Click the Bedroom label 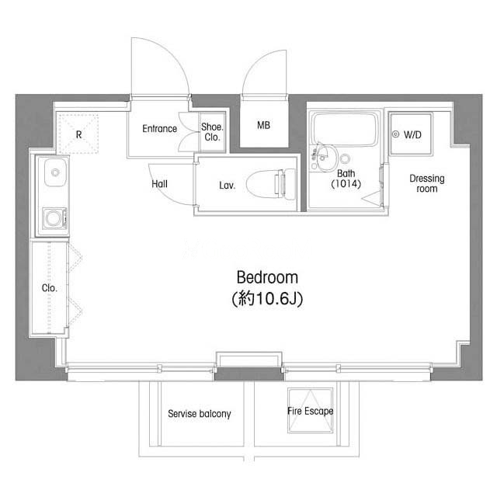pos(267,277)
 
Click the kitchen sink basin pos(55,172)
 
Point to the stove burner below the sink pos(54,218)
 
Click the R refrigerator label pos(78,134)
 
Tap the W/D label pos(412,135)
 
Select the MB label pos(264,125)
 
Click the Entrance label pos(159,128)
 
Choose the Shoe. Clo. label pos(212,132)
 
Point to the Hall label pos(159,184)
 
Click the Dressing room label pos(426,183)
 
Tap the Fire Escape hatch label pos(311,411)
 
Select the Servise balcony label pos(200,414)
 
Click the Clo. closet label pos(50,288)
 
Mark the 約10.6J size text pos(267,298)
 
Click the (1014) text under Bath pos(346,184)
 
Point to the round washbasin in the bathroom pos(325,158)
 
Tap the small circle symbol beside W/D pos(395,134)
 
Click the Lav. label pos(228,186)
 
